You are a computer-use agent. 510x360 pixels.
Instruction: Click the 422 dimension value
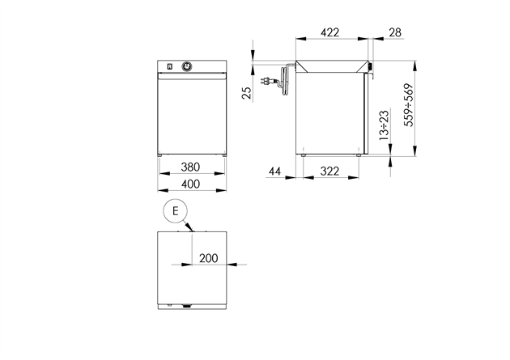coord(329,32)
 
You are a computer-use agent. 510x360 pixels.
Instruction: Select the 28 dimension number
coord(395,32)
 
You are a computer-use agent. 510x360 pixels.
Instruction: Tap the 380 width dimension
coord(190,167)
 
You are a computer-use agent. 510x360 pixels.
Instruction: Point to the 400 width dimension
coord(190,184)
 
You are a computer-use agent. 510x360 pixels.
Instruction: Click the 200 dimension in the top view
coord(209,258)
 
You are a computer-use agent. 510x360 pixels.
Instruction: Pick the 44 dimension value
coord(275,172)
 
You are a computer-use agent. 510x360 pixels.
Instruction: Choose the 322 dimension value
coord(329,172)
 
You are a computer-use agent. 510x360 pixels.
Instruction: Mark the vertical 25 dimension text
coord(248,93)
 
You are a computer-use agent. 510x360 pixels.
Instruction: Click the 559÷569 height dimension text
coord(409,105)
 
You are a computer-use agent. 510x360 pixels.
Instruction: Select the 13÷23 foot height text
coord(385,125)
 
